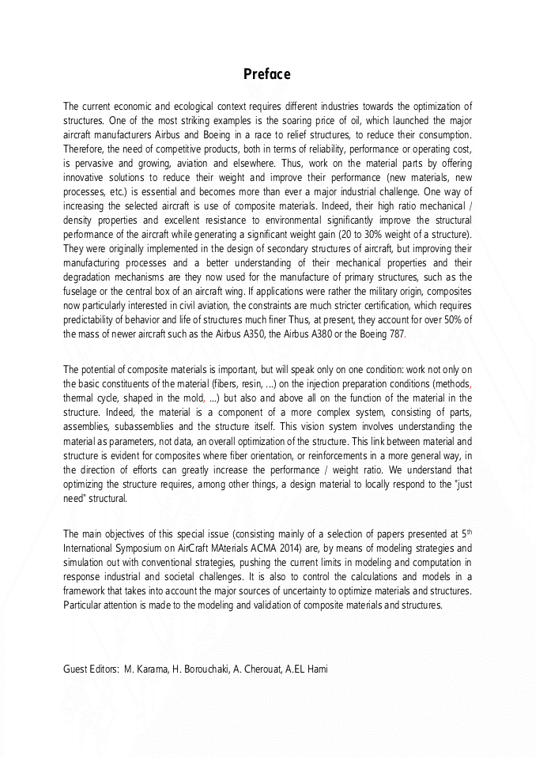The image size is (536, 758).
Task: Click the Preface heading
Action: click(267, 74)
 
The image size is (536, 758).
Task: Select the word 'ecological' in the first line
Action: click(194, 107)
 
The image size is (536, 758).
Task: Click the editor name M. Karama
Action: click(145, 669)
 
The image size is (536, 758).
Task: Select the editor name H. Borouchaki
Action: click(201, 669)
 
